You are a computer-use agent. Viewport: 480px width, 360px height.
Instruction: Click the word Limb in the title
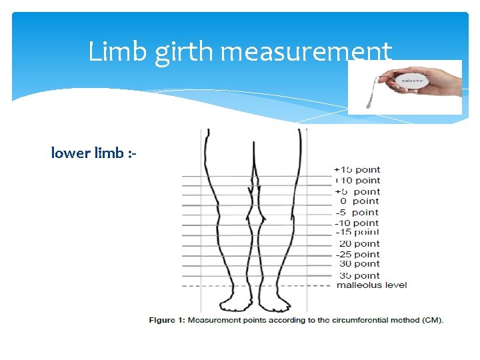(118, 51)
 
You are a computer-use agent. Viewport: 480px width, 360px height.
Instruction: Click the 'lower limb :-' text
(93, 153)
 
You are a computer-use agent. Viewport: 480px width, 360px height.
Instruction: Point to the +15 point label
(357, 170)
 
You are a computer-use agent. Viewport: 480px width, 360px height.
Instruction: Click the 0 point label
(359, 201)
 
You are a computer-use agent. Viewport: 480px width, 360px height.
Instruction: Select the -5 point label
(357, 212)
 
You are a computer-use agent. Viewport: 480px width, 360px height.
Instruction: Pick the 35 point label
(359, 275)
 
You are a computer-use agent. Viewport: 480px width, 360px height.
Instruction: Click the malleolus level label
(371, 285)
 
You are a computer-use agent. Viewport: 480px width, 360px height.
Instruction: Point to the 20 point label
(359, 243)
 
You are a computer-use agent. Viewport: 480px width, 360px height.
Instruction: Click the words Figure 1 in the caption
(167, 320)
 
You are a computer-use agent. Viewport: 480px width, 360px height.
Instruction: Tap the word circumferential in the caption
(354, 320)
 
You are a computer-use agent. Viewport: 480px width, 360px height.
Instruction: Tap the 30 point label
(359, 264)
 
